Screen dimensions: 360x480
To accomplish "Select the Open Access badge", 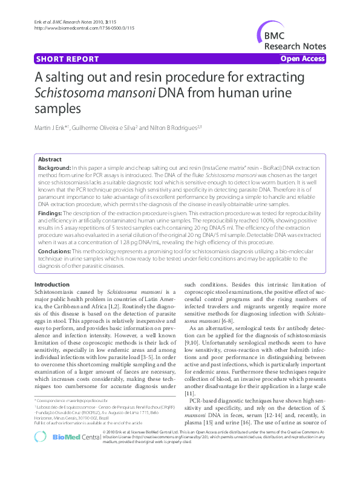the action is [302, 59].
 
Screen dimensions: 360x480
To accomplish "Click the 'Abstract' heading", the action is [50, 160].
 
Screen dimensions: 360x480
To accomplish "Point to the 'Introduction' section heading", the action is [52, 284].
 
